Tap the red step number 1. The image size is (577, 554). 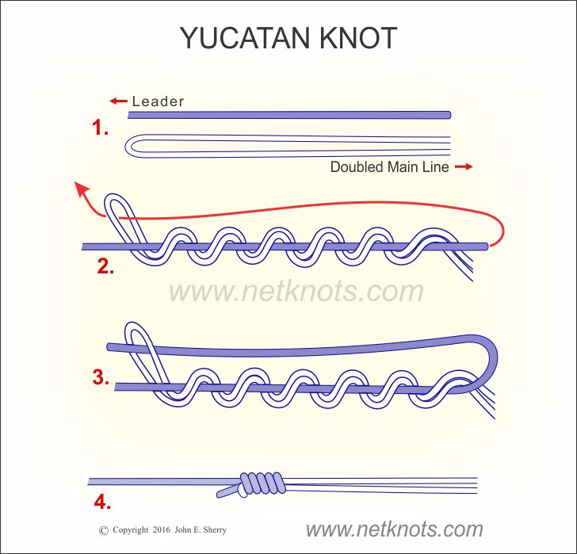(100, 127)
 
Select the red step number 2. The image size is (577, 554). (105, 266)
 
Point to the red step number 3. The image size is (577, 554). (100, 377)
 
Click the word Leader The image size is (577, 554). (158, 101)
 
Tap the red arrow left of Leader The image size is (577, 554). (118, 101)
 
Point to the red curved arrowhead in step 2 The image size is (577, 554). (81, 188)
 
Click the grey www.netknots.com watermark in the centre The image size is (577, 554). (296, 291)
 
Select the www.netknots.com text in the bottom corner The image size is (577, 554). (394, 529)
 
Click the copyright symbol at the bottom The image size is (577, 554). (103, 529)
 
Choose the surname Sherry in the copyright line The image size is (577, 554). (235, 529)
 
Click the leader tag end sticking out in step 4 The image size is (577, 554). (226, 492)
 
